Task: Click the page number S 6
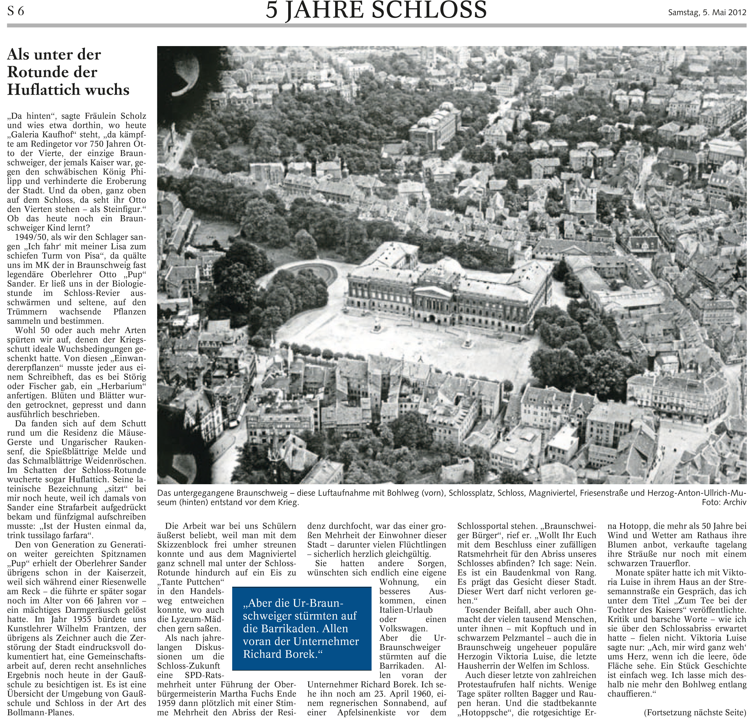[16, 11]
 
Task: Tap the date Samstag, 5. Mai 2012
[707, 12]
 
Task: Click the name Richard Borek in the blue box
[279, 654]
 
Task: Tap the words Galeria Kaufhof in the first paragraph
[43, 135]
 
